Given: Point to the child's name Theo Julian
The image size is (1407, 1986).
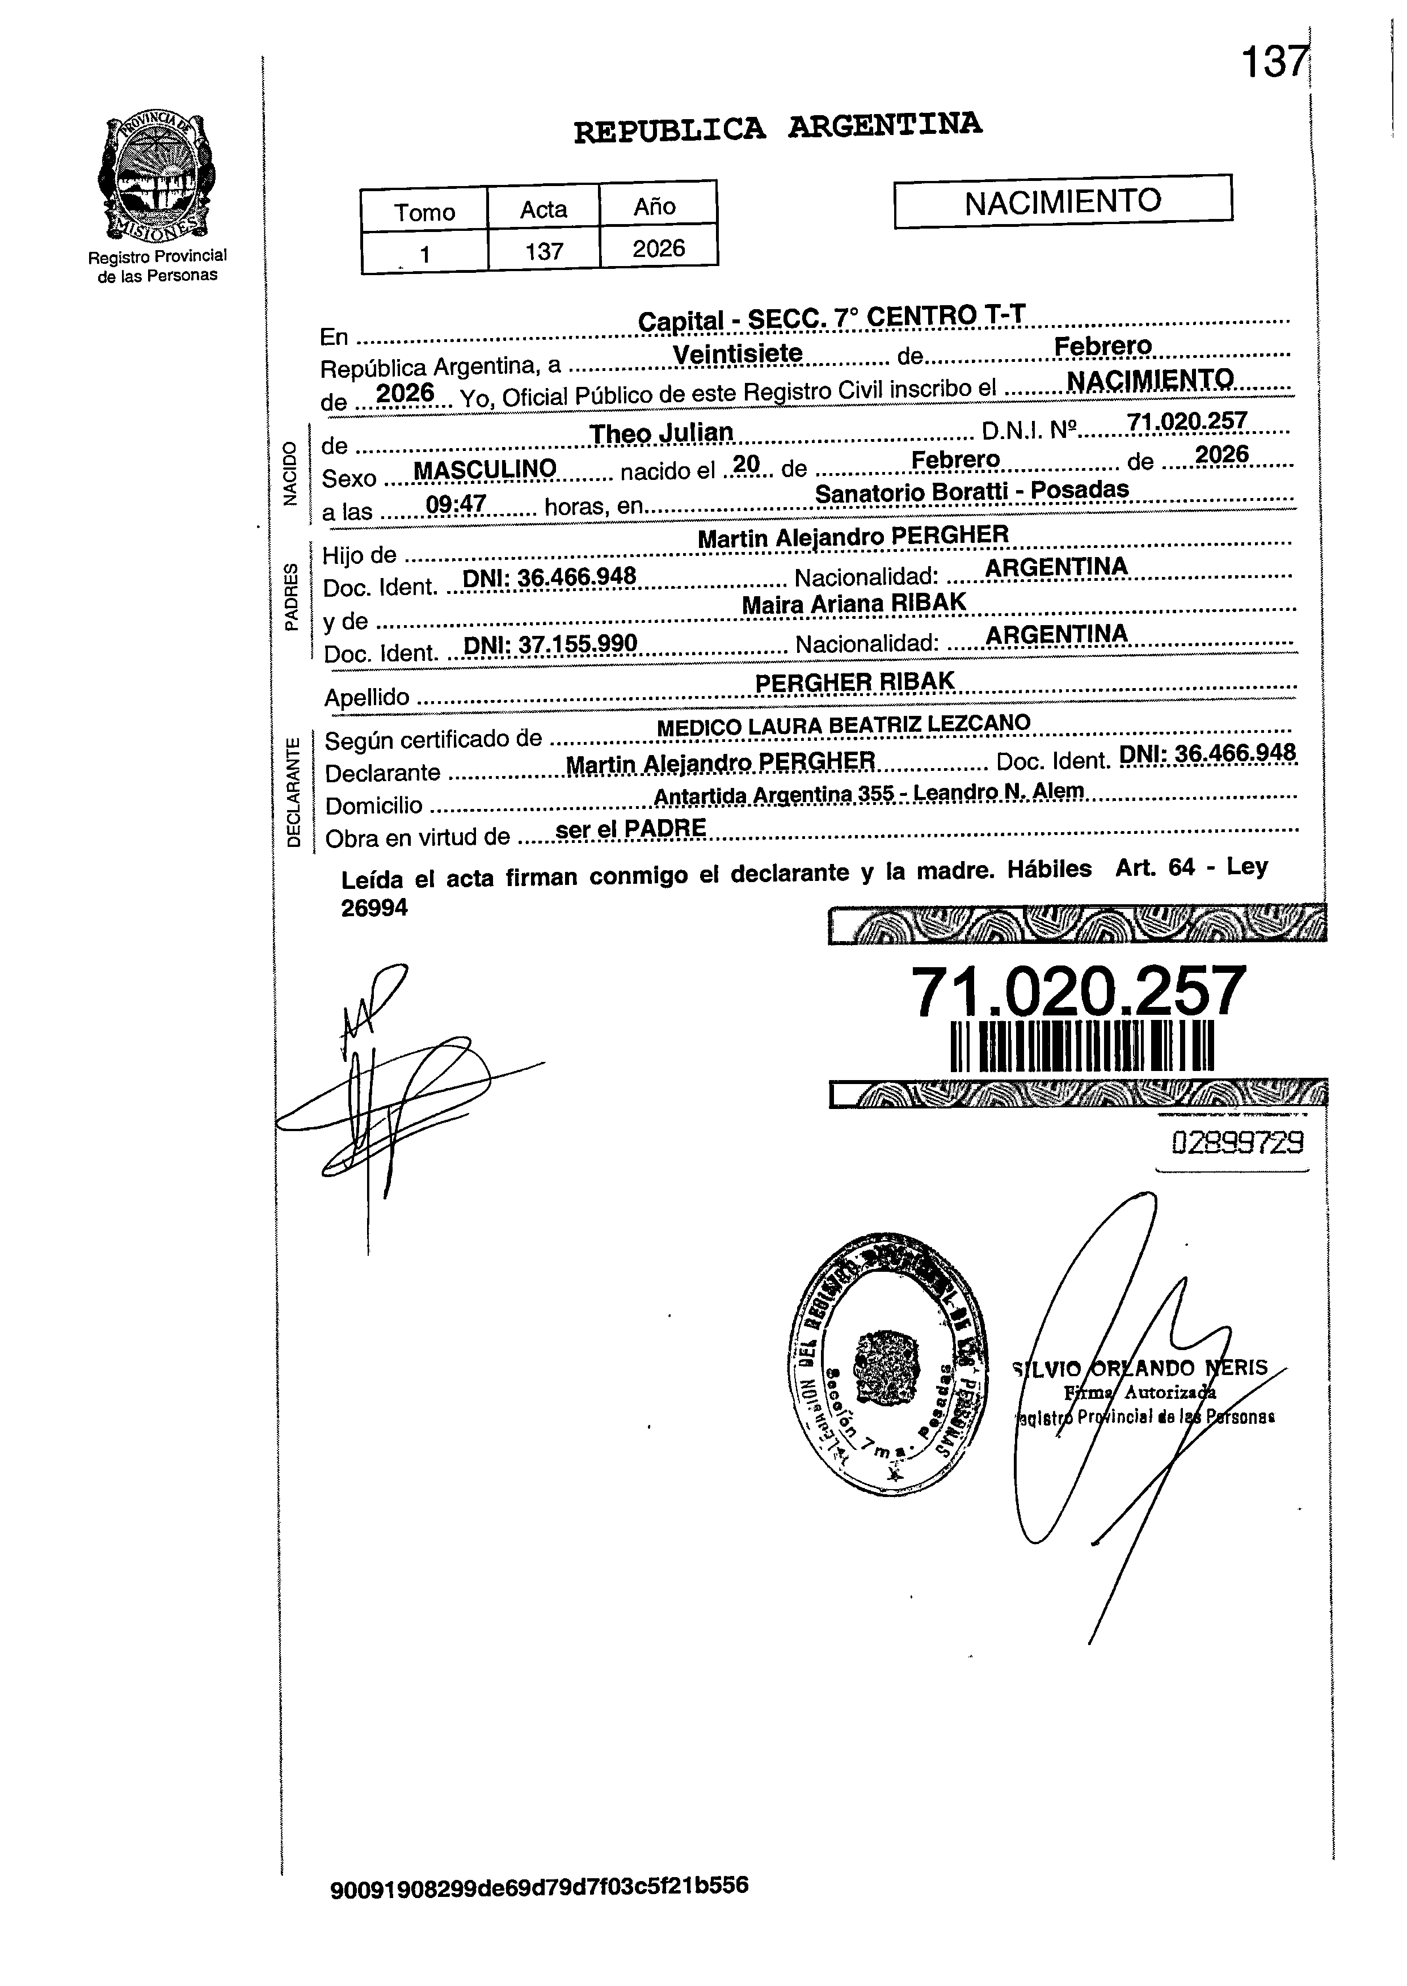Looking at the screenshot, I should click(x=661, y=432).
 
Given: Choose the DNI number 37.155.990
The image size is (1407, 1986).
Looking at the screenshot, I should click(x=551, y=643).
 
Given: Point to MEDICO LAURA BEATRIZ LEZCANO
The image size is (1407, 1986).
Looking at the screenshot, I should click(x=844, y=725).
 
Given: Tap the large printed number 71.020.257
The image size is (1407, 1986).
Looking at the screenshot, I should click(x=1078, y=993).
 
